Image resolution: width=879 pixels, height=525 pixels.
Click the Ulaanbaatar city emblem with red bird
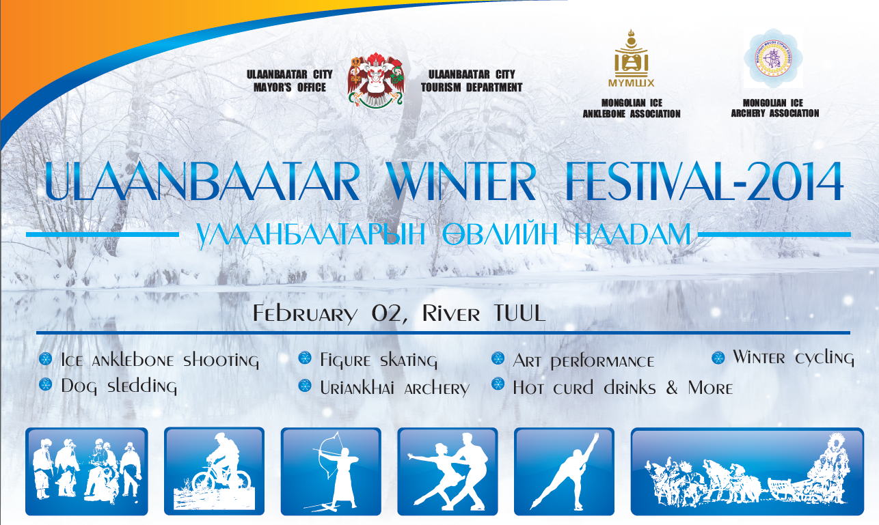coord(375,81)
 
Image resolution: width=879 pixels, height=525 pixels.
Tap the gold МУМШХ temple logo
coord(631,58)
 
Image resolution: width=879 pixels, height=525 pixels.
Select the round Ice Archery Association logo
coord(773,58)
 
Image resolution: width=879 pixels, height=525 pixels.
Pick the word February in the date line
coord(305,314)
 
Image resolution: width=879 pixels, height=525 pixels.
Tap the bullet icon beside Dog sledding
coord(46,384)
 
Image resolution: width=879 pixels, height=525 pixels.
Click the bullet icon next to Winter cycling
coord(718,358)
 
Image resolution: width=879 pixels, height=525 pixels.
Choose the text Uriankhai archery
coord(395,388)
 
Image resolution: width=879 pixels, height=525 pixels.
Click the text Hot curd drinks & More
coord(623,388)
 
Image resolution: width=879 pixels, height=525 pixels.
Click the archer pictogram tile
coord(331,471)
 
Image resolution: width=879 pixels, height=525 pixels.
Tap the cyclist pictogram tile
coord(214,471)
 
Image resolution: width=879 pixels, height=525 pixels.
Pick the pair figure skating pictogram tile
coord(447,471)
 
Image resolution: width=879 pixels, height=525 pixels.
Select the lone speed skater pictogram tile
coord(564,471)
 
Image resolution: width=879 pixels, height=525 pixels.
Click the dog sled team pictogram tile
coord(747,471)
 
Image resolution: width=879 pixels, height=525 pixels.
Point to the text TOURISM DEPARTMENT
coord(472,87)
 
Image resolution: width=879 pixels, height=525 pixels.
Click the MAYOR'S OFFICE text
coord(290,87)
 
